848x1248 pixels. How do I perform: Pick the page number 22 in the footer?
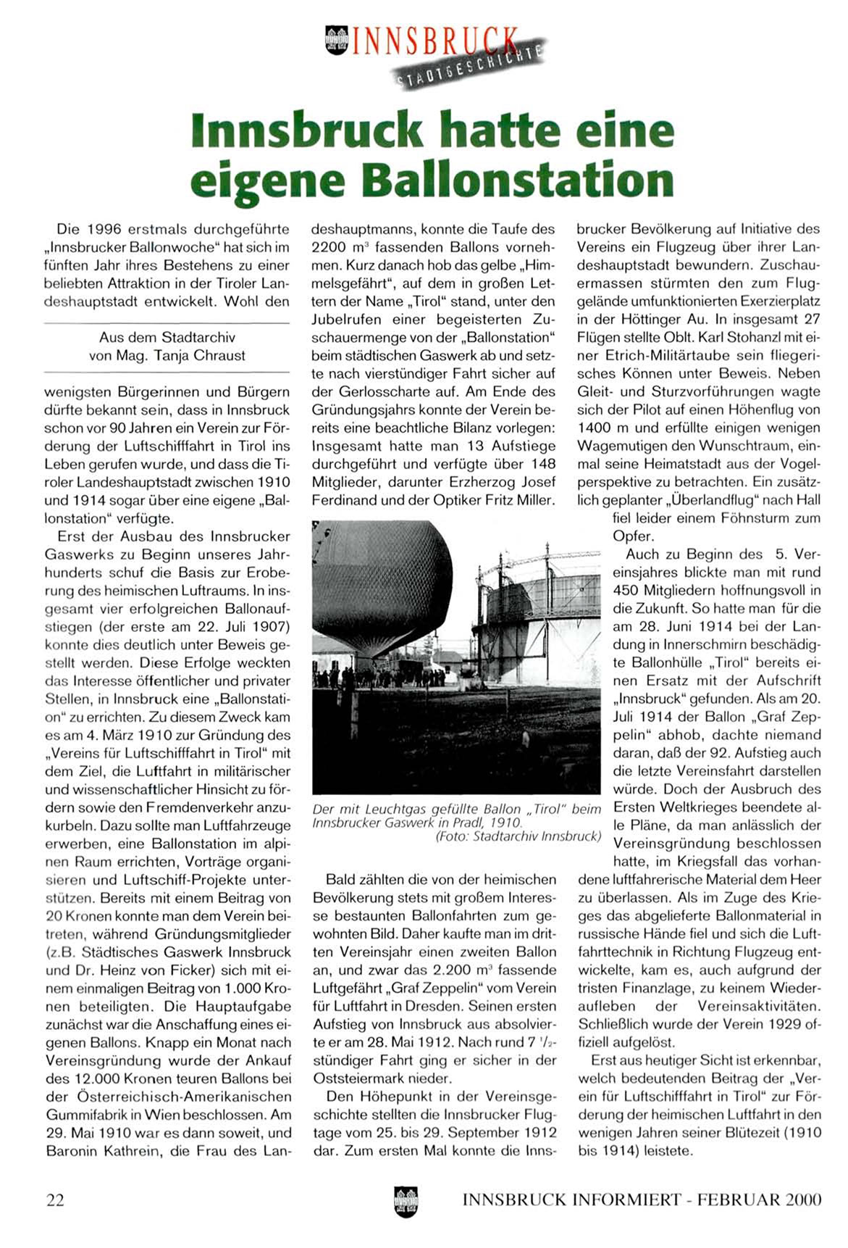tap(55, 1200)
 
